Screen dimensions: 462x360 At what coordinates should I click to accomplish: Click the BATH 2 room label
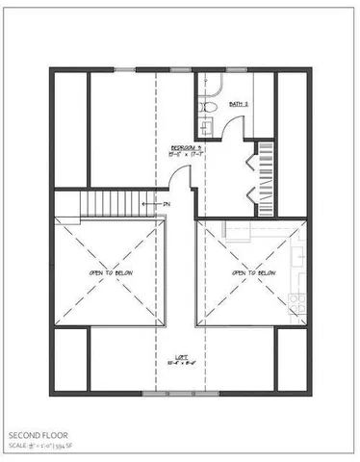point(239,103)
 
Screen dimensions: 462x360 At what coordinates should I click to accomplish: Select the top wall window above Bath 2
point(236,69)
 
